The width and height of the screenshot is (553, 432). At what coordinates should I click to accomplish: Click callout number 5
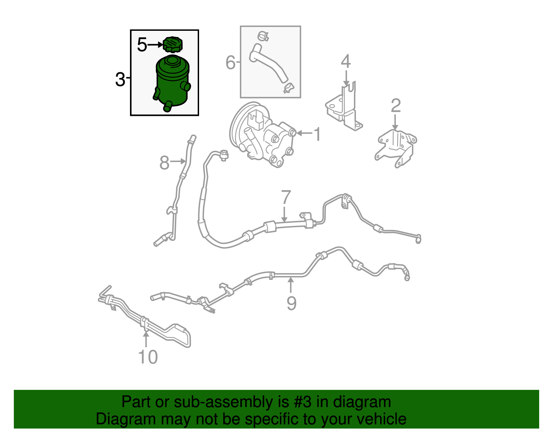(x=142, y=45)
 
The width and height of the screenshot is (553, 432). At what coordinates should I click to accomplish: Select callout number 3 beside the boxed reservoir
(x=120, y=79)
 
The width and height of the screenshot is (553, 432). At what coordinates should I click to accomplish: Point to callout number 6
(x=231, y=62)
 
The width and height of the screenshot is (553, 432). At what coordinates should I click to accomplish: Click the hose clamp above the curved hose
(x=263, y=36)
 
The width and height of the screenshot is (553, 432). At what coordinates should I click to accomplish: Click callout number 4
(x=346, y=61)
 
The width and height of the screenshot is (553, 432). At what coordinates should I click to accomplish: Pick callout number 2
(x=395, y=105)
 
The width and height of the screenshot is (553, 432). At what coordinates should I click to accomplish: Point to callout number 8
(x=165, y=163)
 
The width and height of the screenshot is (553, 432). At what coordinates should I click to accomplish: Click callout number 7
(x=286, y=197)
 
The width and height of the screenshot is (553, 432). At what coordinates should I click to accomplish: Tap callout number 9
(x=291, y=303)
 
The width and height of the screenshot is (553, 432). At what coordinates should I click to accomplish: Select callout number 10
(x=148, y=357)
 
